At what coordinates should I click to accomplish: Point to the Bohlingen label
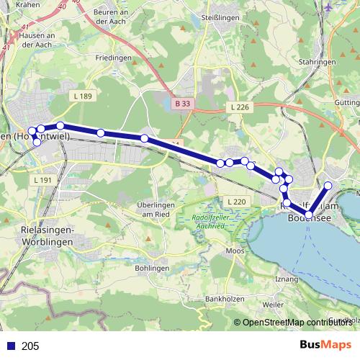coord(151,268)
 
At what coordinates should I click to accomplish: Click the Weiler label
coord(274,305)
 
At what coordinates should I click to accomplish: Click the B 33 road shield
coord(184,104)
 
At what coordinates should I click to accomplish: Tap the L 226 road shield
coord(241,107)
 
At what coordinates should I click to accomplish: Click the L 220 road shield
coord(235,201)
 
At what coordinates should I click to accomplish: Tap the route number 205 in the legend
coord(31,346)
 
